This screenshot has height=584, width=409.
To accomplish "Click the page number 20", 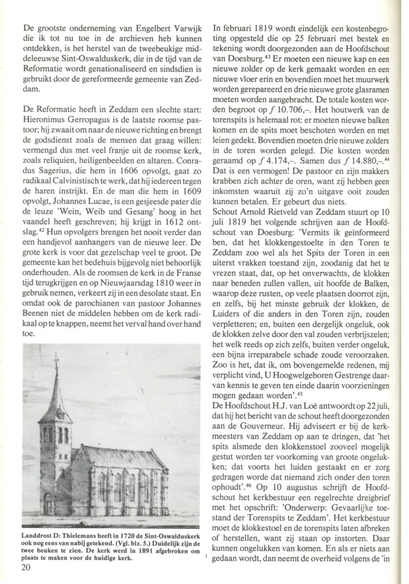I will [x=29, y=568].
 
